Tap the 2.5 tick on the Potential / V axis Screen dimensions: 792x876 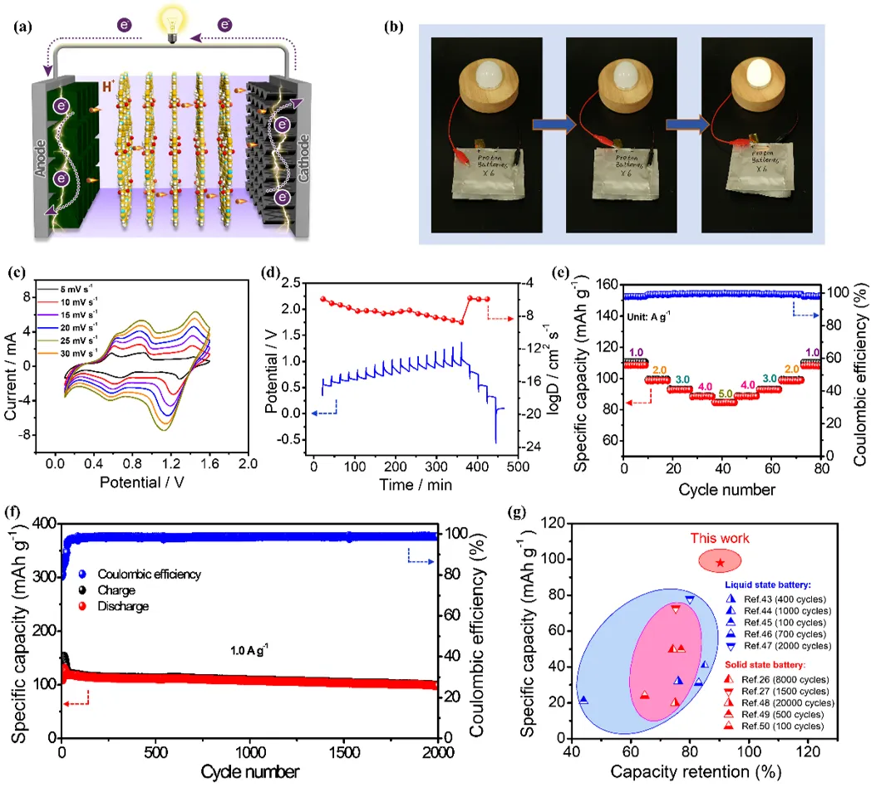pyautogui.click(x=296, y=283)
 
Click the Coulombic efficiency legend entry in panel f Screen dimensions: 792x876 pyautogui.click(x=149, y=574)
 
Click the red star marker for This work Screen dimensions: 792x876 pyautogui.click(x=720, y=563)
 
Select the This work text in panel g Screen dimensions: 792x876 pyautogui.click(x=720, y=538)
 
